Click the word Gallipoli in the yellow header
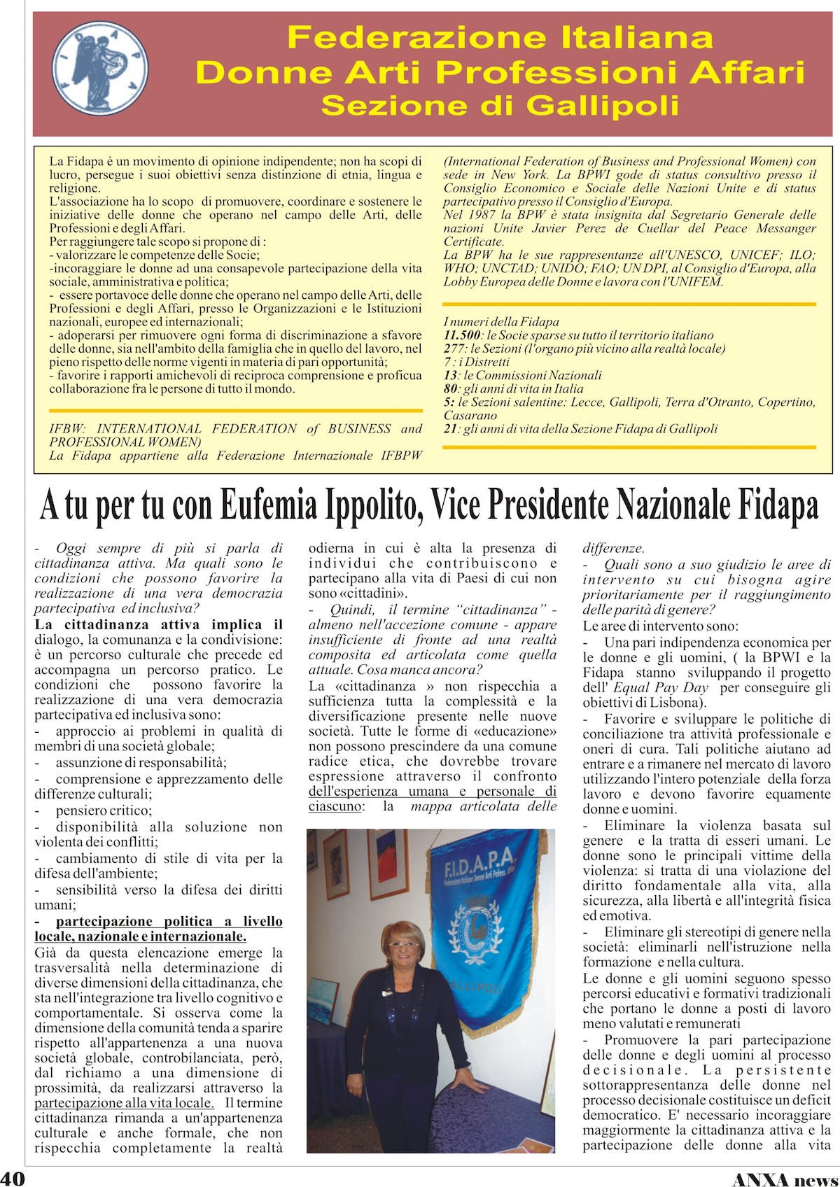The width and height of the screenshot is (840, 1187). [602, 106]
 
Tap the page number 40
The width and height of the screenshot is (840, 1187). [13, 1177]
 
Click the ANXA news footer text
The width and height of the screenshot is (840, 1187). [784, 1178]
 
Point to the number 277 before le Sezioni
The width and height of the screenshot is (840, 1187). [454, 349]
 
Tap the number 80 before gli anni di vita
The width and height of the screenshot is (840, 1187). [451, 388]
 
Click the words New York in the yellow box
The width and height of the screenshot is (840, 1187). [514, 175]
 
